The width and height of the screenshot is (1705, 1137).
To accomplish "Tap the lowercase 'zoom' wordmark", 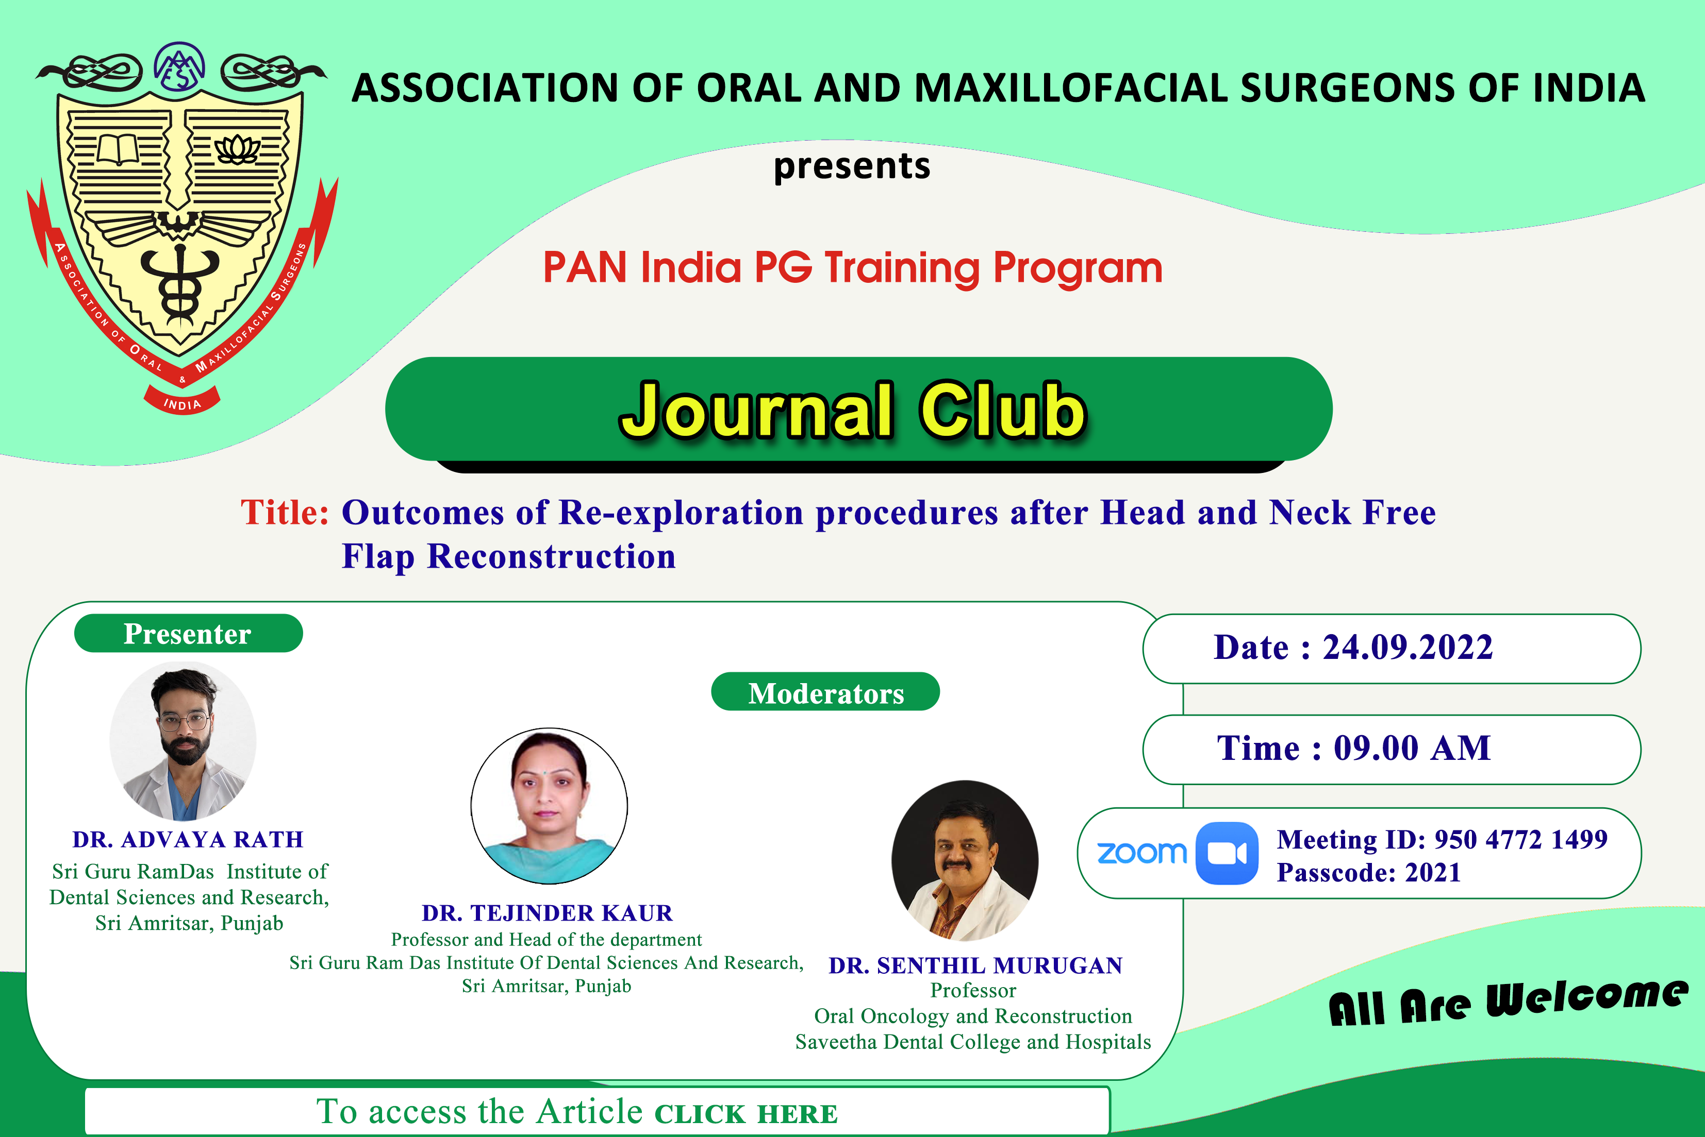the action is click(x=1141, y=854).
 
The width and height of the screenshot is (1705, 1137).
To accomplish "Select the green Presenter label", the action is click(x=188, y=633).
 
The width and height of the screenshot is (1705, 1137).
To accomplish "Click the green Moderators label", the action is click(x=825, y=692).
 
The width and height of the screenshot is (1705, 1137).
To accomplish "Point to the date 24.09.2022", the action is click(x=1408, y=647).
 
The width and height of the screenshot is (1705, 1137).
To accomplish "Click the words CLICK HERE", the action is click(x=746, y=1114).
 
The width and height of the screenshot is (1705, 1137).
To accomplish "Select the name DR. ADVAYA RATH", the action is click(x=188, y=839).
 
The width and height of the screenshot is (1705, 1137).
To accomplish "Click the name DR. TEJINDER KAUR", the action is click(x=547, y=912).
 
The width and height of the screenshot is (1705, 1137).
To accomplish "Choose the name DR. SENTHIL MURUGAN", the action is click(x=976, y=965).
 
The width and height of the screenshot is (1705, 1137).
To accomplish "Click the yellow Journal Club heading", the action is click(x=853, y=411).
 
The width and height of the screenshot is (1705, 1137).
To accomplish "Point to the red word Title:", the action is click(x=285, y=512).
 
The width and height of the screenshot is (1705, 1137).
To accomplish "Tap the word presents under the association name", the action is click(x=852, y=166).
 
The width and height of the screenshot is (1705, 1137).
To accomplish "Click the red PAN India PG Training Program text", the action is click(x=853, y=267).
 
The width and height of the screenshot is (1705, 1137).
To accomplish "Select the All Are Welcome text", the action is click(x=1508, y=1002).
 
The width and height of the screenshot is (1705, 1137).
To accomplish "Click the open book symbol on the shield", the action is click(x=118, y=149).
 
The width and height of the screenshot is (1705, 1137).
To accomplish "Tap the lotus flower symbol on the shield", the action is click(x=237, y=149).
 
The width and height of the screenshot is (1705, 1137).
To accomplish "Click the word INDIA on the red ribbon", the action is click(x=182, y=404).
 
